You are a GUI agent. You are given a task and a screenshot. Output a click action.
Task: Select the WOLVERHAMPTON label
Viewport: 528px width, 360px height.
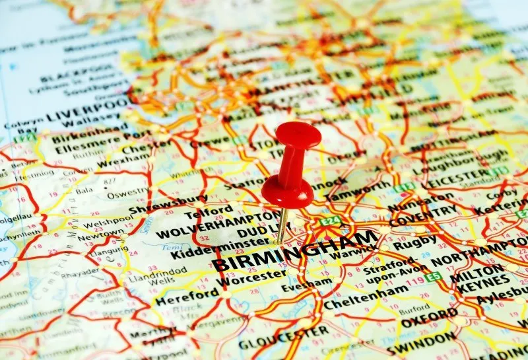tap(217, 225)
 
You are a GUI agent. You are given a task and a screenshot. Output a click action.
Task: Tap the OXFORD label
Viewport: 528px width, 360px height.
tap(429, 317)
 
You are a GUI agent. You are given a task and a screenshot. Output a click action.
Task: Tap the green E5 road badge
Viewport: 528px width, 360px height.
tap(432, 277)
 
